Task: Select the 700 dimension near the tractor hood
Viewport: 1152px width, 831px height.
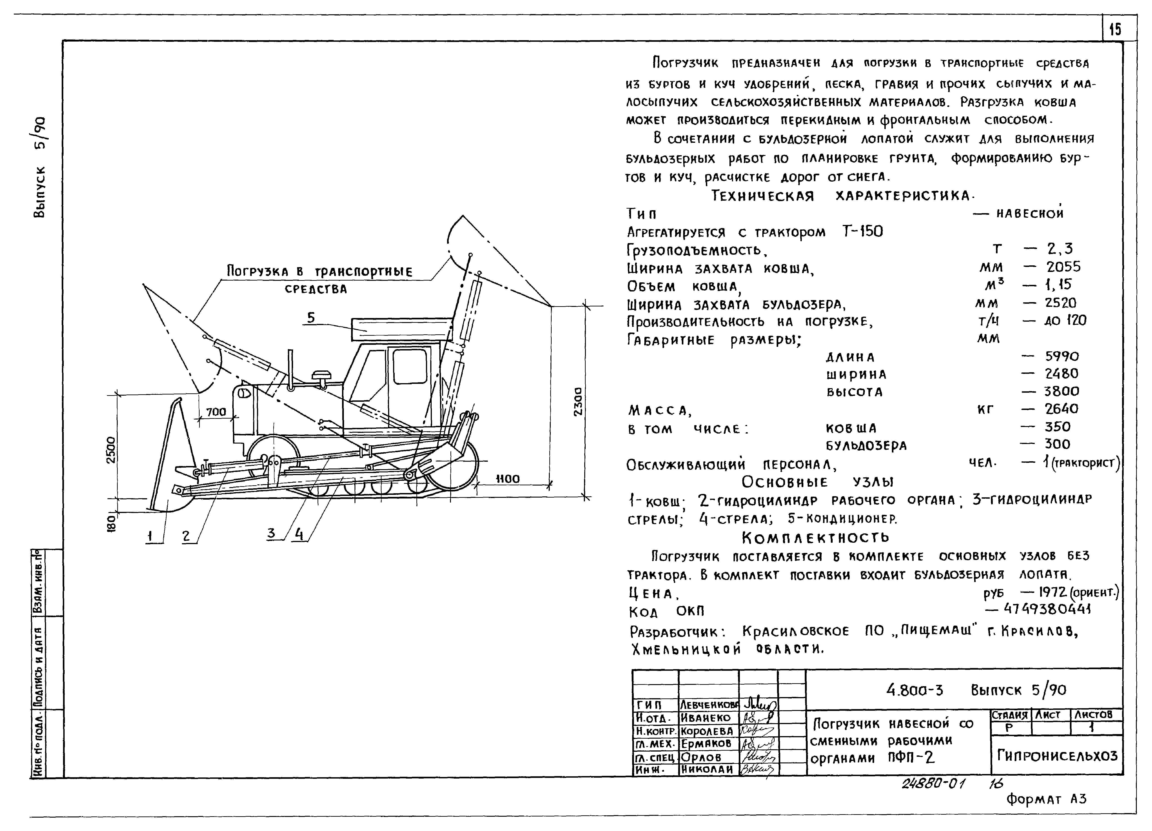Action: point(216,412)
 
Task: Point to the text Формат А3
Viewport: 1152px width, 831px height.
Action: point(1046,799)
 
